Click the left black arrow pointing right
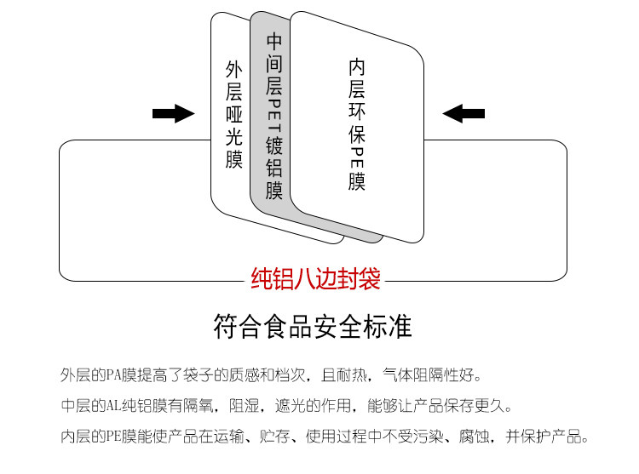pyautogui.click(x=173, y=113)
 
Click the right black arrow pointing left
pyautogui.click(x=463, y=113)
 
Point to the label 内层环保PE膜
pyautogui.click(x=357, y=124)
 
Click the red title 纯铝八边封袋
pyautogui.click(x=316, y=278)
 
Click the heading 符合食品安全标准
pyautogui.click(x=313, y=326)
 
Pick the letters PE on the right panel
pyautogui.click(x=357, y=157)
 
